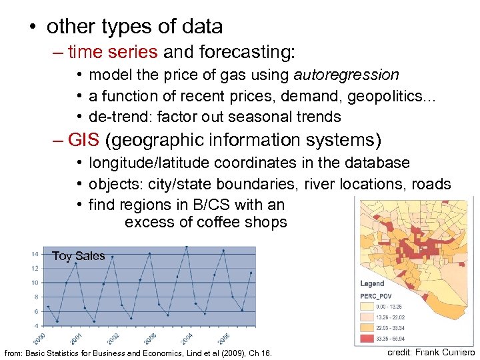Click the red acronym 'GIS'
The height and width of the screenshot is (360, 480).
point(84,140)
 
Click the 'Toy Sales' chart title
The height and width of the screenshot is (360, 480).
point(78,256)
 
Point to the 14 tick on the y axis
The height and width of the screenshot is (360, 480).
point(34,254)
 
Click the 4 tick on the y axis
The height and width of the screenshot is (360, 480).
point(35,325)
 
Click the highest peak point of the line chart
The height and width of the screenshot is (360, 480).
point(186,247)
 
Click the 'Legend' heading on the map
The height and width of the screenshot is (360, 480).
point(373,283)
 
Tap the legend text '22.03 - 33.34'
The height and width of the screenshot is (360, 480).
point(394,327)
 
